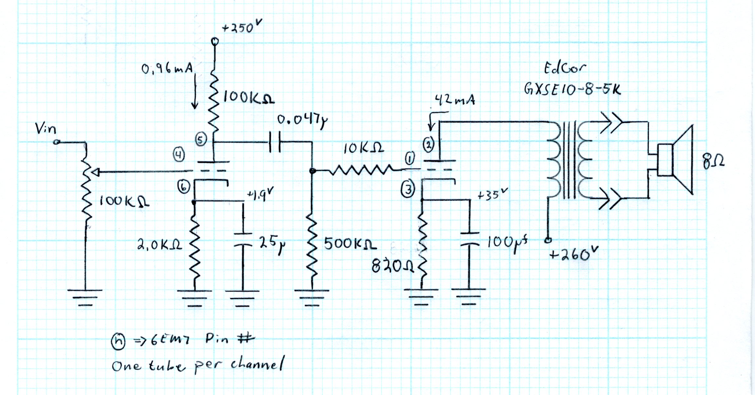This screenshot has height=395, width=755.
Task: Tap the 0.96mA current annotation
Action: [x=167, y=69]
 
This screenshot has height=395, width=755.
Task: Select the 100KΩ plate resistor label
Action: [x=249, y=98]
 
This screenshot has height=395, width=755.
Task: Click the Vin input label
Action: [x=46, y=129]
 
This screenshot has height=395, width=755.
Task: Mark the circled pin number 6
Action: [x=184, y=187]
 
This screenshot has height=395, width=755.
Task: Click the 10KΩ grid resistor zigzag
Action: [x=361, y=170]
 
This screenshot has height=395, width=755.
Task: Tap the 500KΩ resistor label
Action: [x=350, y=244]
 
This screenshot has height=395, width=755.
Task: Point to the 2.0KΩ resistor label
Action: [x=160, y=245]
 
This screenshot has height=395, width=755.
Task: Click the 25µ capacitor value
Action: [x=272, y=244]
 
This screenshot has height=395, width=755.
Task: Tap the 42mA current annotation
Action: [x=455, y=99]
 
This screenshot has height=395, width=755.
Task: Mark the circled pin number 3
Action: [x=408, y=190]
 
